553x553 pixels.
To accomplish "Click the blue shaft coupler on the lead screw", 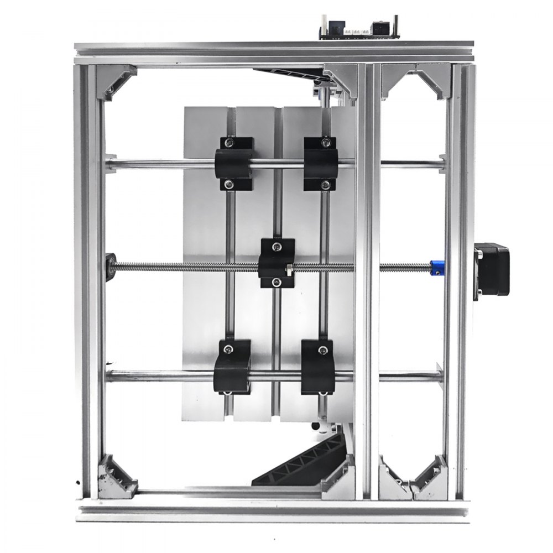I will (x=437, y=269).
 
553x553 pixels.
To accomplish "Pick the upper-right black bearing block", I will (x=320, y=164).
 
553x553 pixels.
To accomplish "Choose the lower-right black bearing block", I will (x=317, y=368).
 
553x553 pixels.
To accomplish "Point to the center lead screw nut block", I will (x=276, y=263).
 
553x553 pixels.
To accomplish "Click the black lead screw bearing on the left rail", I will (x=111, y=267).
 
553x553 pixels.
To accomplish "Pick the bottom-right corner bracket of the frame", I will (x=431, y=477).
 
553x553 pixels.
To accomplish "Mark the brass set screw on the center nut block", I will (x=288, y=270).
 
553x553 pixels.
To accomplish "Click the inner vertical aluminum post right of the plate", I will (x=367, y=276).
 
